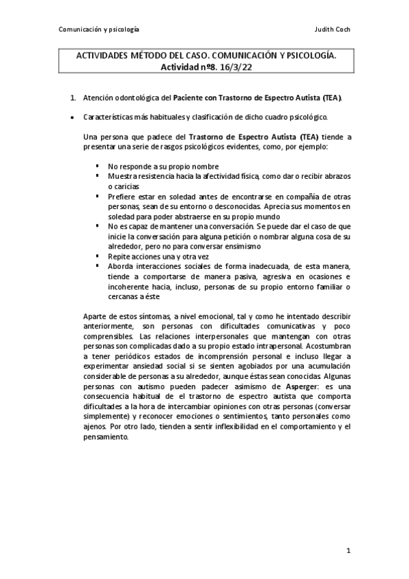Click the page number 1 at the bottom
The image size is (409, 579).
348,550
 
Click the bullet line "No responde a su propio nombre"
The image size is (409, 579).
163,167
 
